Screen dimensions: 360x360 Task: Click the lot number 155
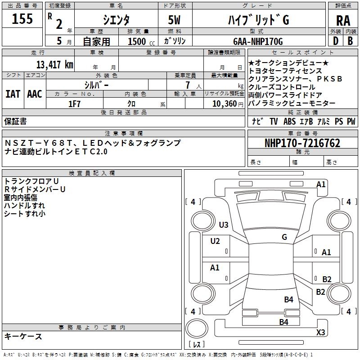[x=22, y=19]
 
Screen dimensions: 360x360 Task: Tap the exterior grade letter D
[x=335, y=40]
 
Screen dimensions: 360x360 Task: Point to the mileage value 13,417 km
[x=52, y=65]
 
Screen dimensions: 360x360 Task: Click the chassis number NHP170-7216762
[x=302, y=143]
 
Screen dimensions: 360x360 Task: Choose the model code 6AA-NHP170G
[x=258, y=41]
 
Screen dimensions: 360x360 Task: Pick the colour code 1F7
[x=75, y=103]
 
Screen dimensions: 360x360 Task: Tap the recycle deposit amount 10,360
[x=223, y=103]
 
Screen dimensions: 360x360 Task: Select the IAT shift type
[x=13, y=94]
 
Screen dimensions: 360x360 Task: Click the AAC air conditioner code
[x=35, y=94]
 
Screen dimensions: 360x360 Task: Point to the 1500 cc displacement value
[x=137, y=41]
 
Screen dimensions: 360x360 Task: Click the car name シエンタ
[x=116, y=20]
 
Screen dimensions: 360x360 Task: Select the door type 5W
[x=175, y=20]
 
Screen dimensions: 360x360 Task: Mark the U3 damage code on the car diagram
[x=224, y=225]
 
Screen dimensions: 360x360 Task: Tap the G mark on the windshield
[x=284, y=237]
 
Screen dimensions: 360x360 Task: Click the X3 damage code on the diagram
[x=320, y=333]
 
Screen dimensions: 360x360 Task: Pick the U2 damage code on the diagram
[x=215, y=241]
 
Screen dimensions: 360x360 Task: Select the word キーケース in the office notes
[x=23, y=336]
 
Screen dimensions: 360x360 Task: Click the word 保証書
[x=15, y=121]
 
